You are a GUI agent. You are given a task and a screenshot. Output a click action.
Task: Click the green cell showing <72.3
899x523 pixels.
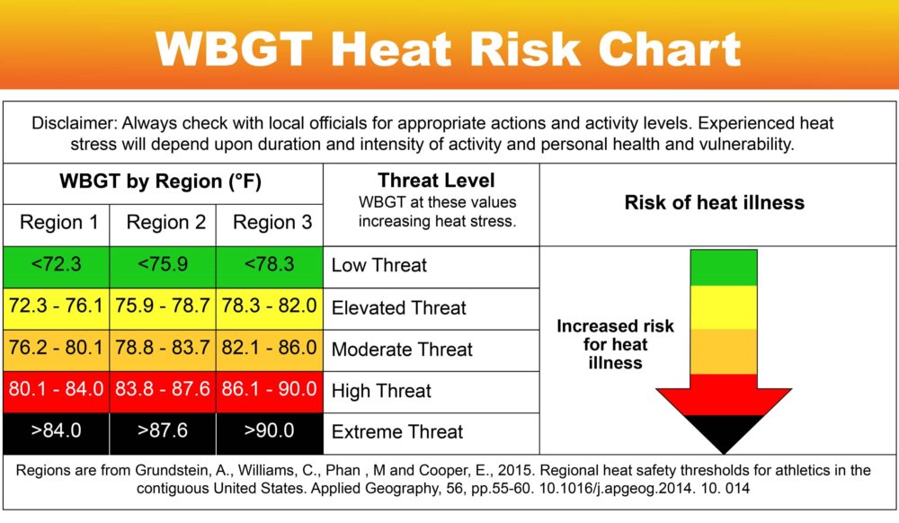56,267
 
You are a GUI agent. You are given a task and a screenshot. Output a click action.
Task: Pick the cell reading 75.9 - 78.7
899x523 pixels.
163,309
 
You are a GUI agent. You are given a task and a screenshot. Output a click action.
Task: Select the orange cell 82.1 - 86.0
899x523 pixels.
270,350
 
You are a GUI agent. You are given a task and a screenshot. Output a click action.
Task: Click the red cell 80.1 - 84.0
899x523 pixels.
56,392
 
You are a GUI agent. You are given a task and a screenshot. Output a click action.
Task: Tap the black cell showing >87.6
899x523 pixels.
163,434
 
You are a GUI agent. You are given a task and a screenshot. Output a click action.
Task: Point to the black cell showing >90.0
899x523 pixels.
270,434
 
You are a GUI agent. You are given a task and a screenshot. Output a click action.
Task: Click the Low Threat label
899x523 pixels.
379,265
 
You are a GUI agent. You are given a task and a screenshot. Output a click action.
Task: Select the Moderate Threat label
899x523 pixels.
402,350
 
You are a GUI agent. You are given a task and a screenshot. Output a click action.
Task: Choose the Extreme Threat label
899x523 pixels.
396,432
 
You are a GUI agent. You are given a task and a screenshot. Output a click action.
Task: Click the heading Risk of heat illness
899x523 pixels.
715,203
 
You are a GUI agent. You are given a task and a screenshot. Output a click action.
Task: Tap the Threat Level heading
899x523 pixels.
436,181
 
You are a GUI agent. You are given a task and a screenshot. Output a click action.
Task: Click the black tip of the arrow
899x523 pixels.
724,453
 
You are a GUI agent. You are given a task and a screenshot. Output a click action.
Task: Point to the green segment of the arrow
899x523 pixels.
724,268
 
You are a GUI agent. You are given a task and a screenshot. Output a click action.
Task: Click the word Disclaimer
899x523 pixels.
74,123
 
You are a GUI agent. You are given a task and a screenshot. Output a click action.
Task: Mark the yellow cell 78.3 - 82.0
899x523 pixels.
270,309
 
